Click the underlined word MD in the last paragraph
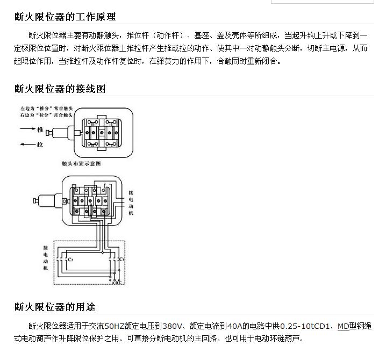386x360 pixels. [343, 326]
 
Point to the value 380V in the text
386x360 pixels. [173, 326]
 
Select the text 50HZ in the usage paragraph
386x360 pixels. [117, 326]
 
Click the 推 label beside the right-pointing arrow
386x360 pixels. [40, 129]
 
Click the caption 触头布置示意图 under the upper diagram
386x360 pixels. [81, 163]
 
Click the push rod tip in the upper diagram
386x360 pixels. [48, 133]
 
